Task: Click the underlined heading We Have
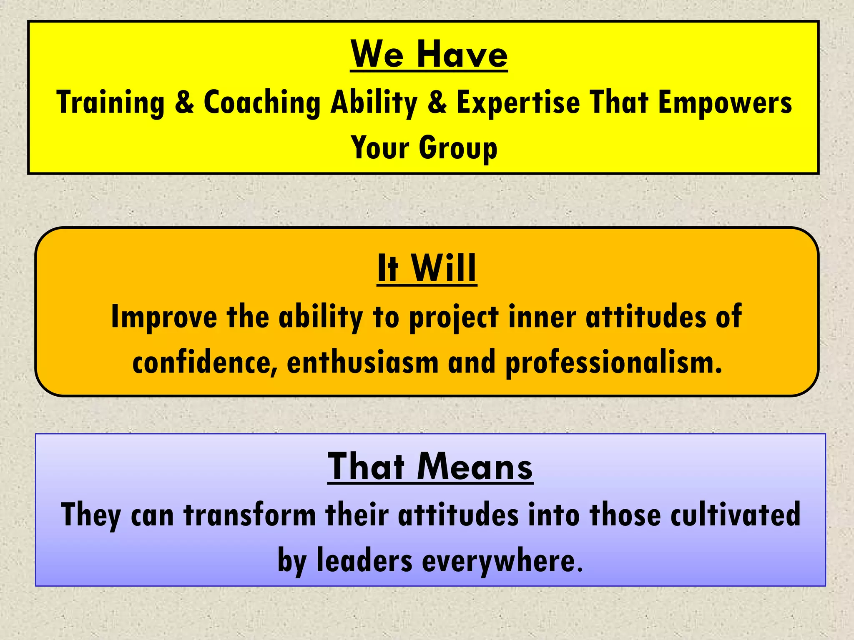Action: [x=429, y=55]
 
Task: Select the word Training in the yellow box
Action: [x=111, y=102]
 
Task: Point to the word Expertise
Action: [x=518, y=102]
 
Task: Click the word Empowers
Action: [x=725, y=102]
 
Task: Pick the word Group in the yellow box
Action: [x=458, y=148]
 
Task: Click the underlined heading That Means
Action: [x=430, y=467]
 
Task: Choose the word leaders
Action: [x=364, y=561]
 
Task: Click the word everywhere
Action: [x=502, y=561]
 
